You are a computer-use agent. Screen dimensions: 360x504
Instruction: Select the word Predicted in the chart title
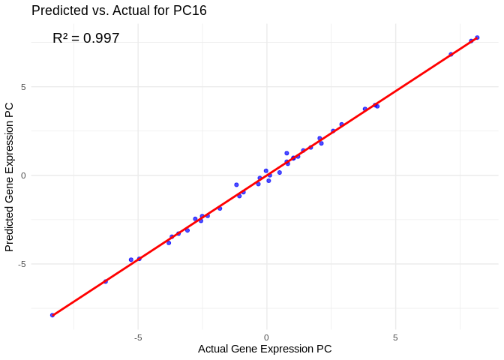[x=60, y=10]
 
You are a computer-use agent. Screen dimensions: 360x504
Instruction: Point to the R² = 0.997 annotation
[x=85, y=38]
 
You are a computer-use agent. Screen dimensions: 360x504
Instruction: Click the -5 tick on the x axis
[x=138, y=337]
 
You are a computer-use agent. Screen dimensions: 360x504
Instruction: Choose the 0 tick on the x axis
[x=266, y=337]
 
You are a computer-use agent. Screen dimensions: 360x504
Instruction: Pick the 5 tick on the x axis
[x=395, y=337]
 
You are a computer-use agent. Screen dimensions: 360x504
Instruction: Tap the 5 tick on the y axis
[x=23, y=87]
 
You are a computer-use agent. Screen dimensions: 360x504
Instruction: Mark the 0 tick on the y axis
[x=23, y=175]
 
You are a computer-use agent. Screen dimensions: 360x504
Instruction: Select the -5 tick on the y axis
[x=22, y=264]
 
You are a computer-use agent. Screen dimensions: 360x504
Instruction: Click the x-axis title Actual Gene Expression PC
[x=265, y=349]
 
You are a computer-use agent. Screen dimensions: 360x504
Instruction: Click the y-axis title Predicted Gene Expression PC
[x=10, y=177]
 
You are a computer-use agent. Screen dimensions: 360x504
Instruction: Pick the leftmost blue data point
[x=52, y=315]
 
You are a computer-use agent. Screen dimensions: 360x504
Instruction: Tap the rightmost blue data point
[x=477, y=37]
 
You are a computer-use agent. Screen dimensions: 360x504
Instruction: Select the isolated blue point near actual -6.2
[x=106, y=281]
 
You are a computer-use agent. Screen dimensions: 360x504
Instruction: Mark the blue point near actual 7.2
[x=451, y=54]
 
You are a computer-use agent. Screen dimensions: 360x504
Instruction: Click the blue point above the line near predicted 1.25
[x=286, y=153]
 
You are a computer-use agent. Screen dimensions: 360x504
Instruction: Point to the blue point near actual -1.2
[x=236, y=184]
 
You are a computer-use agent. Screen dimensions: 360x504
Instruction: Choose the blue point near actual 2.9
[x=341, y=124]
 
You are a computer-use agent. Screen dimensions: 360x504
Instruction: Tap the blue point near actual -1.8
[x=220, y=208]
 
